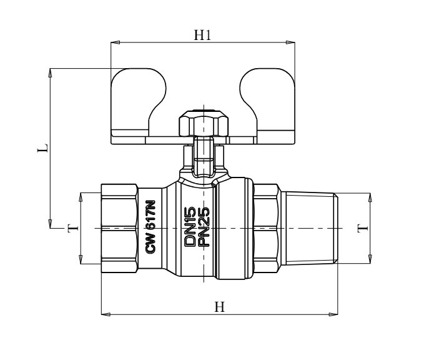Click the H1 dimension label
[x=202, y=35]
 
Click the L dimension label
[x=43, y=148]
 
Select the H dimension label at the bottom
[x=219, y=307]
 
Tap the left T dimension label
[x=73, y=229]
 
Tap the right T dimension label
[x=363, y=228]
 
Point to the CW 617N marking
[x=151, y=226]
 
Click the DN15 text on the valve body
[x=190, y=226]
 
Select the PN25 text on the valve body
[x=204, y=226]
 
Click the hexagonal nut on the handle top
[x=204, y=123]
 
